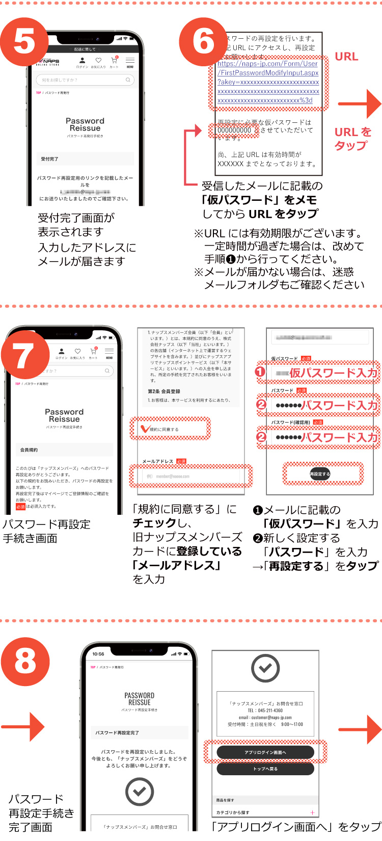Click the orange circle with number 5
[x=24, y=42]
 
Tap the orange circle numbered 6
[x=204, y=42]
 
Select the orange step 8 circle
[x=25, y=661]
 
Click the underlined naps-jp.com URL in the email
[x=268, y=82]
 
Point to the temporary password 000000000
[x=234, y=130]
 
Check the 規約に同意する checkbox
[x=146, y=429]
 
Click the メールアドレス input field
[x=190, y=476]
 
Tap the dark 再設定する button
[x=320, y=474]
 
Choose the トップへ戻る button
[x=265, y=769]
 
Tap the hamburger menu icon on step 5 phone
[x=130, y=61]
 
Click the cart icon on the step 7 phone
[x=93, y=352]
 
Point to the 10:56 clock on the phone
[x=98, y=654]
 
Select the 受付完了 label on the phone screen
[x=50, y=159]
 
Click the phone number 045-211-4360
[x=265, y=711]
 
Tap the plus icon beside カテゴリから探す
[x=312, y=812]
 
